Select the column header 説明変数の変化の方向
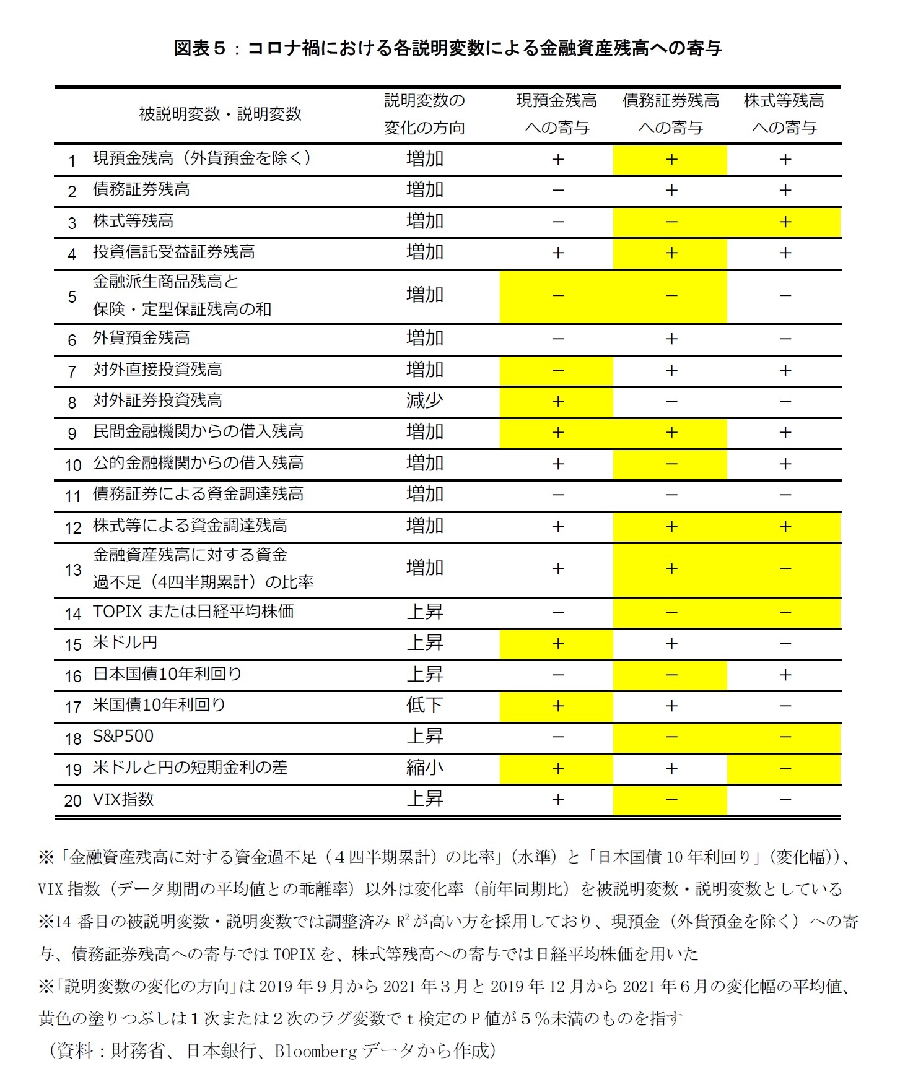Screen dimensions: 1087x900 424,114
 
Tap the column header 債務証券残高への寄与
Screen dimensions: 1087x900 671,114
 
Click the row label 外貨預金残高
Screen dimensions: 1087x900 141,338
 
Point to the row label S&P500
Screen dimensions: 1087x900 123,736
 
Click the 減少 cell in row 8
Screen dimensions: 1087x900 424,401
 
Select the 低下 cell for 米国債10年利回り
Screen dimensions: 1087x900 424,705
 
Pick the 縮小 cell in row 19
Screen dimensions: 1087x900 424,768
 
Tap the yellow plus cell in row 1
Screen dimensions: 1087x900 671,159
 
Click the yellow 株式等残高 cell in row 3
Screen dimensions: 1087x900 785,222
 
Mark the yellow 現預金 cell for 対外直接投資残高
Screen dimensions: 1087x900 557,370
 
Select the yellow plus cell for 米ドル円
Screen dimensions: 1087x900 557,643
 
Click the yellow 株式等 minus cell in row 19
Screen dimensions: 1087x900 785,768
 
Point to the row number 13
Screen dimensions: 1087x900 73,569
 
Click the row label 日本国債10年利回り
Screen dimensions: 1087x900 167,673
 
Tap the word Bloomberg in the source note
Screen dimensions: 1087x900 316,1050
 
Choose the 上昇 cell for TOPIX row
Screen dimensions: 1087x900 424,612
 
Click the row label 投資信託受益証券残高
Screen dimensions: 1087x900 173,252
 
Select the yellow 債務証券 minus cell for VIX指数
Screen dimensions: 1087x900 671,800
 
